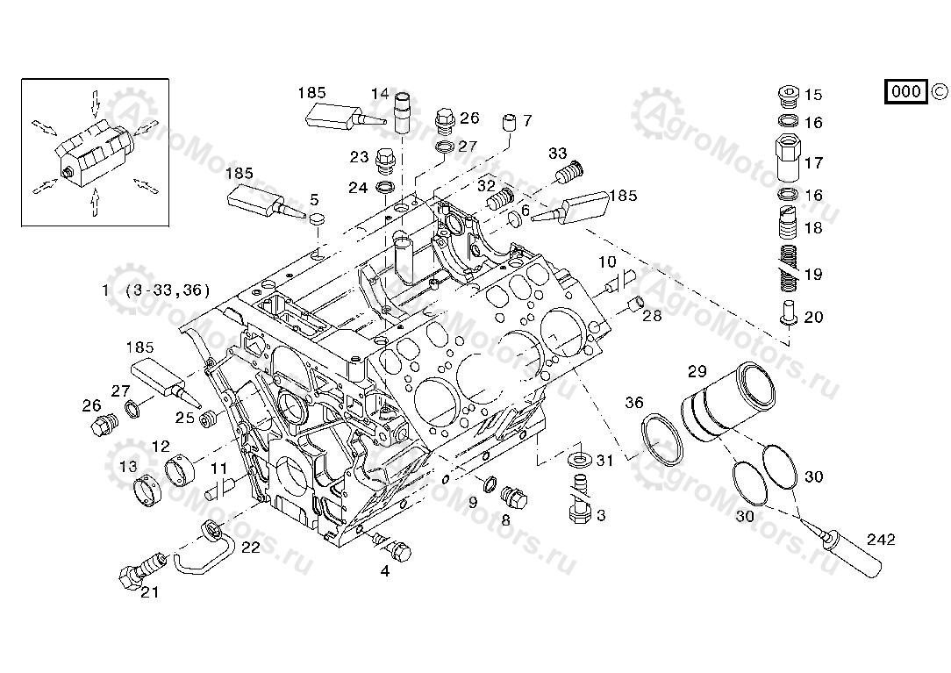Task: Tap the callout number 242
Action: [881, 540]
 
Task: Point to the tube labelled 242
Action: [852, 550]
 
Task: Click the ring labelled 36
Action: [662, 442]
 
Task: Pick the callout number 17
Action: [813, 162]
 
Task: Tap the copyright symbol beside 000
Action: [938, 91]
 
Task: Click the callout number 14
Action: [379, 94]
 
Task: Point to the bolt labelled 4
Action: [393, 548]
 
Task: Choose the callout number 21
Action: [150, 592]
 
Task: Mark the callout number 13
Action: [128, 466]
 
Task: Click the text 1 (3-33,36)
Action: [155, 290]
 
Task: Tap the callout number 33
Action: [558, 154]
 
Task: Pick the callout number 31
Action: [605, 460]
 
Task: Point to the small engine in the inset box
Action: [93, 153]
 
